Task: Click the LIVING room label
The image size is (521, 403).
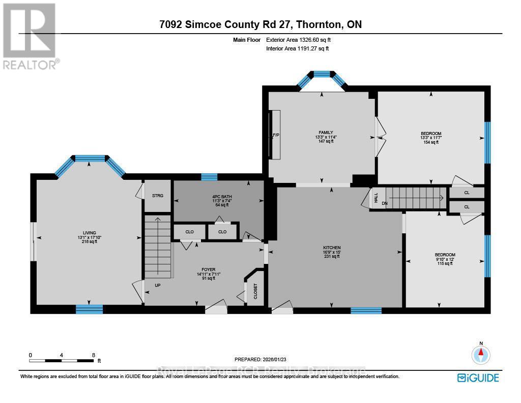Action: click(89, 233)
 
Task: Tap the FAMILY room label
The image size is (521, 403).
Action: click(326, 132)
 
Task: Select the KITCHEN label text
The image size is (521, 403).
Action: click(332, 248)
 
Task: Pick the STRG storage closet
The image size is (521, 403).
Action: click(157, 195)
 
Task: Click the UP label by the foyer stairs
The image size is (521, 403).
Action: click(158, 285)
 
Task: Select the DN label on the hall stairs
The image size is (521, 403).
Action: click(385, 202)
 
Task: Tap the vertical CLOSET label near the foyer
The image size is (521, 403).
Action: click(255, 292)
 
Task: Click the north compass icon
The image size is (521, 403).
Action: click(480, 354)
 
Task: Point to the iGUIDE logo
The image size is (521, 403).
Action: click(478, 378)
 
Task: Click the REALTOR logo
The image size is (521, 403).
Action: click(30, 36)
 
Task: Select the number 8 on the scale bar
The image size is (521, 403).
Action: click(93, 355)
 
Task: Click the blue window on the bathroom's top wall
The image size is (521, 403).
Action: click(209, 177)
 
